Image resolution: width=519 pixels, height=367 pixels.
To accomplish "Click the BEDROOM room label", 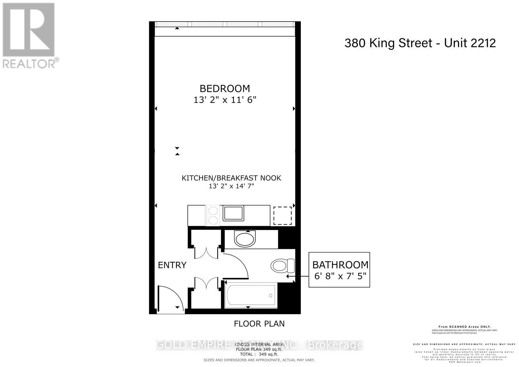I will (225, 88).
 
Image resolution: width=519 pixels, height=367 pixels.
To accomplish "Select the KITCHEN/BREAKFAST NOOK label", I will (231, 178).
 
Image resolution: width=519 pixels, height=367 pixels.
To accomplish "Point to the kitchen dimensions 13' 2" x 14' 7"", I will (231, 186).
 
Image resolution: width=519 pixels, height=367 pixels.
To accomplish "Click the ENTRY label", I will (172, 265).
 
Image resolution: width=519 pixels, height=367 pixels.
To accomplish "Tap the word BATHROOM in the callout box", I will (340, 265).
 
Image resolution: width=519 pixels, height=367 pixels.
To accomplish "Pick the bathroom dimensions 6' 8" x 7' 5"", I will (340, 276).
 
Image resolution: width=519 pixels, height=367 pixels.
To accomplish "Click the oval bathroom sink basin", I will (245, 239).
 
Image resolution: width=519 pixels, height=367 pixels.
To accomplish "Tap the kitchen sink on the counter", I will (232, 213).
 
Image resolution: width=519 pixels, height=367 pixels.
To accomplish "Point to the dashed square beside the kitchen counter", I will (282, 215).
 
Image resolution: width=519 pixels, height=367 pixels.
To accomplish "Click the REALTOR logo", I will (29, 36).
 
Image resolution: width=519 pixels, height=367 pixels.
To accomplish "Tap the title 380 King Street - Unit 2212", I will (420, 43).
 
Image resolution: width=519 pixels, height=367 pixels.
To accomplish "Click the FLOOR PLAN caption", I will (259, 324).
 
